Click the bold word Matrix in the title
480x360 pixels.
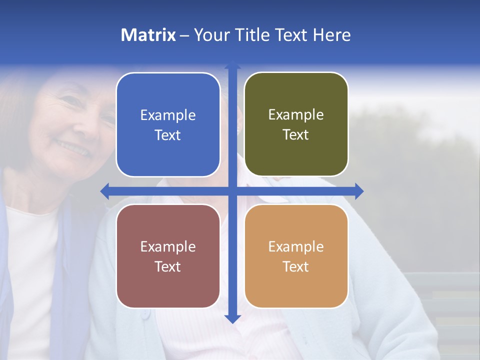point(148,35)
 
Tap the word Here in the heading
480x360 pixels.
point(331,35)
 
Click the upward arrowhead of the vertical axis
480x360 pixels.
point(232,64)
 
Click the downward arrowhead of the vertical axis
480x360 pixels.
point(232,318)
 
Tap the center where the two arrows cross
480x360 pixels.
point(232,191)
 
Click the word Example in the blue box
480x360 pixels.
point(168,115)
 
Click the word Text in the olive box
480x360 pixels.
point(296,135)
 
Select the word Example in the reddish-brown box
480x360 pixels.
point(168,247)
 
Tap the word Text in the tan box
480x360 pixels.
point(296,266)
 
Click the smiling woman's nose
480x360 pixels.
point(80,127)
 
